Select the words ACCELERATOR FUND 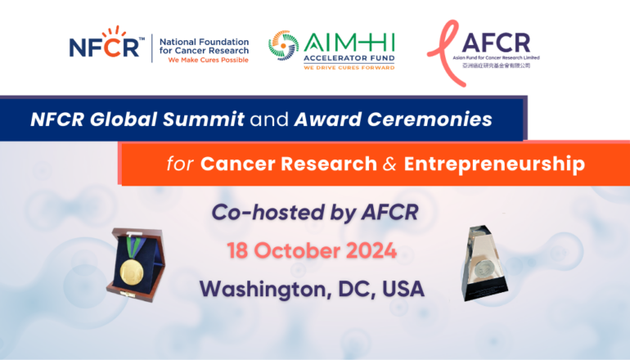pyautogui.click(x=349, y=58)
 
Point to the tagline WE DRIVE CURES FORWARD pyautogui.click(x=349, y=67)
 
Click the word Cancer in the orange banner pyautogui.click(x=232, y=164)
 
